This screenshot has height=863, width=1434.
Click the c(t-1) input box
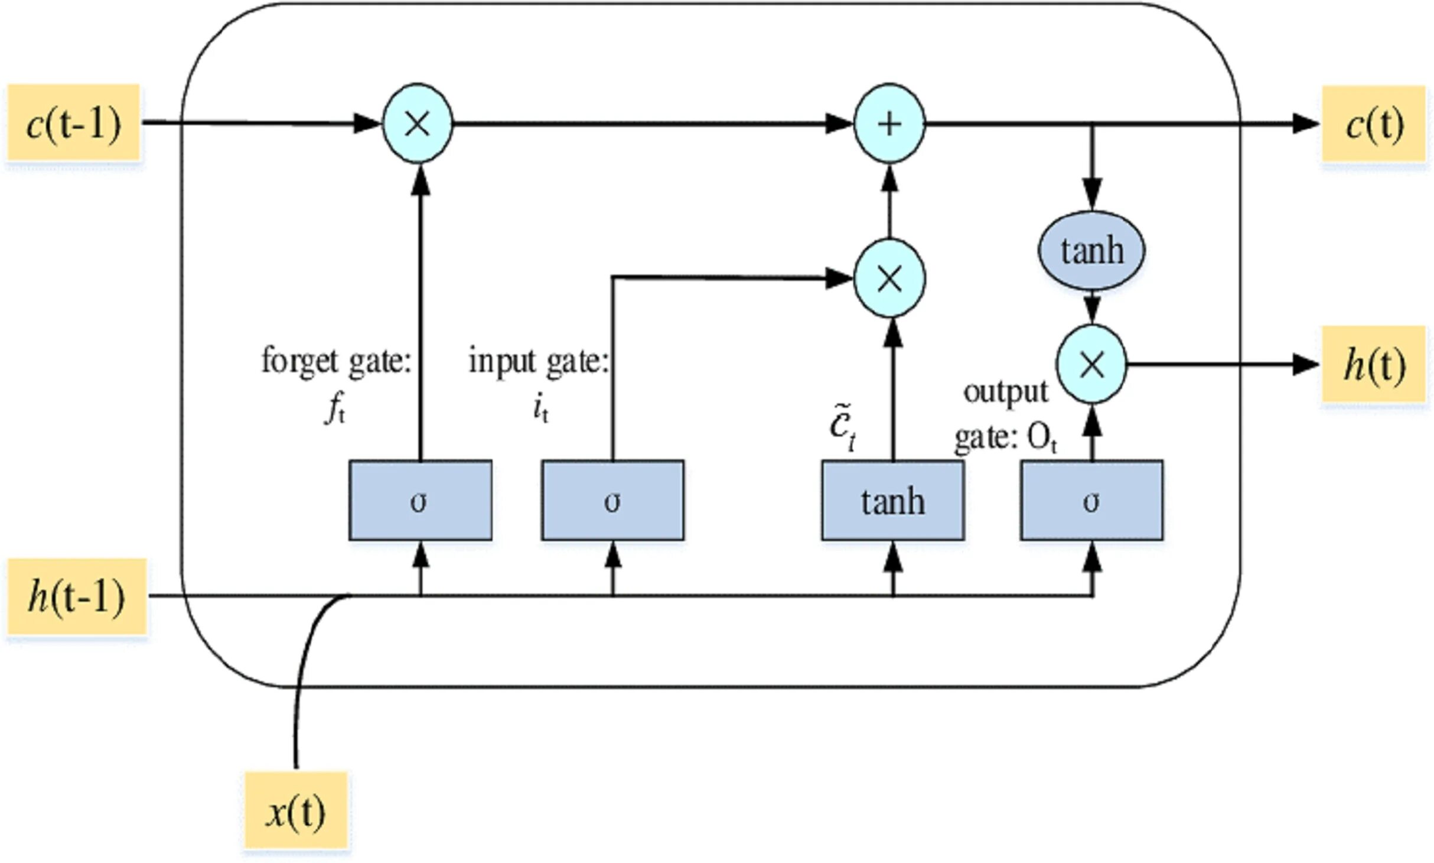(73, 123)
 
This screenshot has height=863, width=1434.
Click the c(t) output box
(1374, 124)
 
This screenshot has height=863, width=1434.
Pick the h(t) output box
(1374, 364)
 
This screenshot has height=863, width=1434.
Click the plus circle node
(889, 124)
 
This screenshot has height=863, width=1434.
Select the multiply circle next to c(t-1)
(418, 124)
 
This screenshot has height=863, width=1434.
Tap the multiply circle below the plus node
(889, 278)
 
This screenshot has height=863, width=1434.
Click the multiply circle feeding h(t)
(1091, 364)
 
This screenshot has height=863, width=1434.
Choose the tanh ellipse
(1091, 251)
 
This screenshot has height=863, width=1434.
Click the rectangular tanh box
(892, 500)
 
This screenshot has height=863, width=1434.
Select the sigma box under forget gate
(420, 500)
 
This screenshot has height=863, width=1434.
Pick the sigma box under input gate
(612, 500)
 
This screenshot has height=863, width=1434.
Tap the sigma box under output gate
(1091, 500)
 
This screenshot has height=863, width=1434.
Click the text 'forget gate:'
(336, 361)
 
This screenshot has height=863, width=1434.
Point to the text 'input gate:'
(538, 361)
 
